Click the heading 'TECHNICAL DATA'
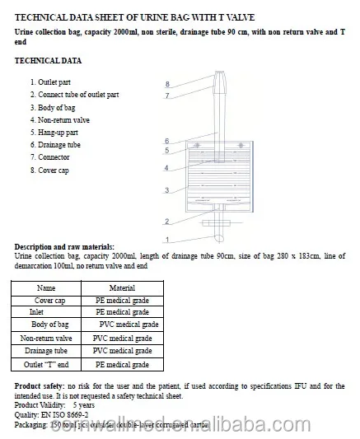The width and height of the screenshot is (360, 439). click(x=48, y=62)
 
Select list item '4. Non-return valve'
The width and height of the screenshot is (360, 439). click(x=60, y=120)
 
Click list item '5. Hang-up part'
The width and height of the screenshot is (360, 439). click(x=54, y=133)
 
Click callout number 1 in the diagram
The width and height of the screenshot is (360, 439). click(x=166, y=240)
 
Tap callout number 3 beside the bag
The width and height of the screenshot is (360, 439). click(x=166, y=190)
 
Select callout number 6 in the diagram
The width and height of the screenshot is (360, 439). click(x=166, y=142)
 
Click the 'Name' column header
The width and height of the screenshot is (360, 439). click(x=47, y=288)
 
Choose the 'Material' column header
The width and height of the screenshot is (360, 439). click(x=122, y=288)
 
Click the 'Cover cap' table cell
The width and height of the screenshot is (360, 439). click(x=47, y=301)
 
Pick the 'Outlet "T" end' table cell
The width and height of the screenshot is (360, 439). click(x=47, y=364)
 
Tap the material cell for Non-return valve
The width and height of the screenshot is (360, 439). click(x=123, y=339)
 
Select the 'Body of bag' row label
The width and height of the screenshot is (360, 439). click(x=47, y=325)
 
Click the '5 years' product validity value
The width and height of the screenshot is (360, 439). click(x=83, y=405)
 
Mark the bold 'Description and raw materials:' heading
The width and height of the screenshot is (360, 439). click(x=65, y=247)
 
